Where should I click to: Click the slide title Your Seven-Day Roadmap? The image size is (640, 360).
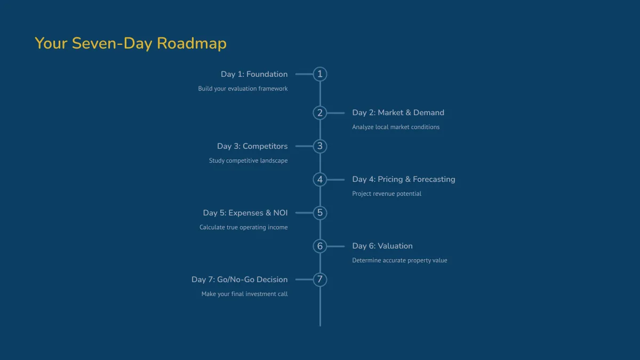[131, 43]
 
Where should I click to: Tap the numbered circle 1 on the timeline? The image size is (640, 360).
[320, 74]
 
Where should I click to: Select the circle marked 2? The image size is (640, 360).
[320, 113]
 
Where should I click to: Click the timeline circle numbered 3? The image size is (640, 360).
[320, 146]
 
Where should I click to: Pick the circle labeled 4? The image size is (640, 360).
[320, 179]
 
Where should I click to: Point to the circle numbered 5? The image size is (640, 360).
[320, 213]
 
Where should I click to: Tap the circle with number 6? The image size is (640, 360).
[320, 246]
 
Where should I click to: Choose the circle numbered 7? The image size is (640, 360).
[320, 279]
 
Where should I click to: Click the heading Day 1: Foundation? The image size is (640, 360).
[254, 74]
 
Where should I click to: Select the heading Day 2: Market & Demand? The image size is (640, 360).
[398, 113]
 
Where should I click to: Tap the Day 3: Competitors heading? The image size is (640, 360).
[252, 146]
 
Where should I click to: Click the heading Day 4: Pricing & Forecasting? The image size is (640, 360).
[404, 179]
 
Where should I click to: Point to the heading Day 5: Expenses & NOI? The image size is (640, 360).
[245, 213]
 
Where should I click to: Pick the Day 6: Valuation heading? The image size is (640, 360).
[382, 246]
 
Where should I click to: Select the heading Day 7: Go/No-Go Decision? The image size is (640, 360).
[239, 279]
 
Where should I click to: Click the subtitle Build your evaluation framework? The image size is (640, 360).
[243, 89]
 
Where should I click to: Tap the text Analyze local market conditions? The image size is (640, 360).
[396, 127]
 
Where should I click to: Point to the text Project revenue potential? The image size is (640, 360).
[387, 194]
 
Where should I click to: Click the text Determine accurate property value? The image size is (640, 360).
[399, 260]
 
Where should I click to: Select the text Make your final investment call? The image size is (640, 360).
[244, 294]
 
